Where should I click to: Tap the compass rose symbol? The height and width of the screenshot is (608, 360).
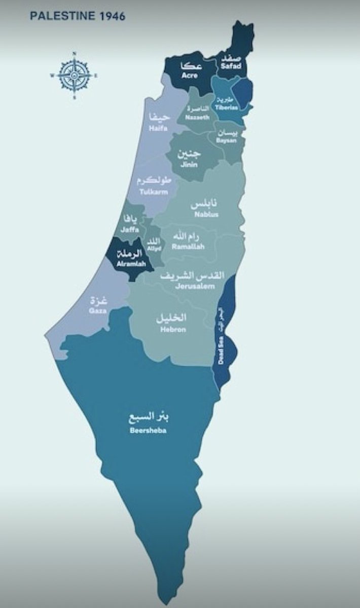coord(74,75)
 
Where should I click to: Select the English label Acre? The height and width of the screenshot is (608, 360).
coord(190,76)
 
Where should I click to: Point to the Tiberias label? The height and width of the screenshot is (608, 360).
coord(225,107)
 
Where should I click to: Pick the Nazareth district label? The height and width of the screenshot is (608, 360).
coord(197,117)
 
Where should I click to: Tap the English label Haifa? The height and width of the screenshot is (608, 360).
coord(158,129)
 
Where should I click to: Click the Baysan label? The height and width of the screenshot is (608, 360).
coord(227,140)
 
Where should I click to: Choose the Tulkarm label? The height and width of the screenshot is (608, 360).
coord(154,192)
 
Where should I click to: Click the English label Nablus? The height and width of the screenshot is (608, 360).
coord(206,214)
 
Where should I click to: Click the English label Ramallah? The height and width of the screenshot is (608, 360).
coord(188,247)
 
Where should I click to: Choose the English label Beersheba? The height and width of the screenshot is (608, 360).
coord(148,431)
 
